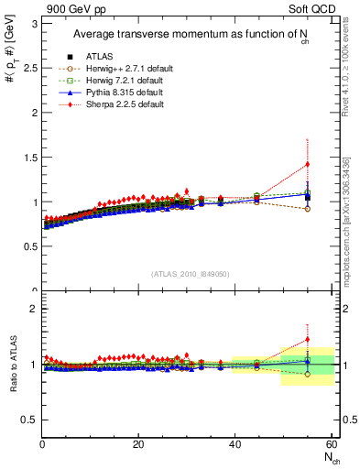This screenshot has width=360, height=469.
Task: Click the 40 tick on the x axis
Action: click(235, 444)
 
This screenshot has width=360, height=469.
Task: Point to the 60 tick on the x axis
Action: click(331, 444)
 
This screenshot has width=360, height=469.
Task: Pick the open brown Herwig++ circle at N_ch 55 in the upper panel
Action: click(307, 209)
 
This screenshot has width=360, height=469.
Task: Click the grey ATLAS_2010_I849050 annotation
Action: click(189, 273)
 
